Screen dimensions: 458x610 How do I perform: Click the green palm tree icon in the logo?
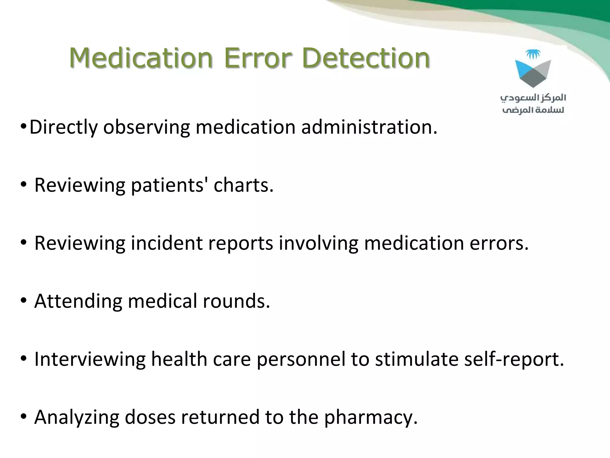(533, 54)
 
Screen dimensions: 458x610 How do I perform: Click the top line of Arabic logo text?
(533, 98)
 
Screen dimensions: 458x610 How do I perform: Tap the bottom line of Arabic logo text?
(533, 110)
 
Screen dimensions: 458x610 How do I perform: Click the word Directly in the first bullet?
(63, 127)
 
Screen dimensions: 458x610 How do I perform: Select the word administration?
(369, 127)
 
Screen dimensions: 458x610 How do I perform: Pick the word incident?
(166, 243)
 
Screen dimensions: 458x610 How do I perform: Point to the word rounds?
(236, 301)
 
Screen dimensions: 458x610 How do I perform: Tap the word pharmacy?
(371, 417)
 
